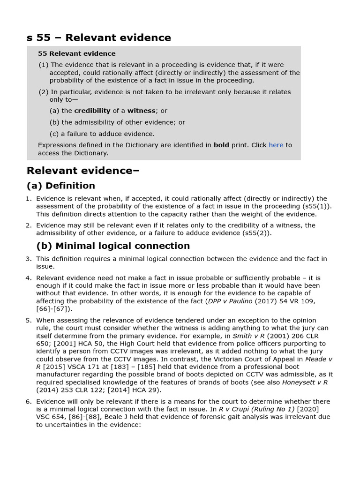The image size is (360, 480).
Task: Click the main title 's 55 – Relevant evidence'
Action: coord(98,37)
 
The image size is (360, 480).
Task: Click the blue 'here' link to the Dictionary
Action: coord(276,145)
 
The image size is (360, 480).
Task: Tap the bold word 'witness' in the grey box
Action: coord(141,111)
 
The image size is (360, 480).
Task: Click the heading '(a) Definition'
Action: coord(61,186)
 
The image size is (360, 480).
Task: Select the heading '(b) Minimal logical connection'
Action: coord(113,246)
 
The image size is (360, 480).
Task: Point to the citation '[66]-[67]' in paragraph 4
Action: coord(54,308)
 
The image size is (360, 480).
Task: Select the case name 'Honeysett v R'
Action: coord(305,382)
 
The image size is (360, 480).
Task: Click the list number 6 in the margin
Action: coord(29,401)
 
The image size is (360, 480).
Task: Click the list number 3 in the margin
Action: coord(29,259)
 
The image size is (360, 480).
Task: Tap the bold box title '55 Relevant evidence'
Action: coord(77,53)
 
